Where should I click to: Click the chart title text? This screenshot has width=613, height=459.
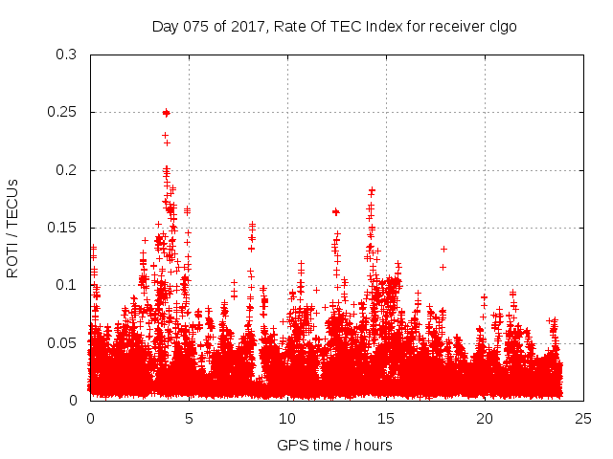[334, 26]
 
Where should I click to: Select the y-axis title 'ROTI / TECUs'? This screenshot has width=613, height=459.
[13, 228]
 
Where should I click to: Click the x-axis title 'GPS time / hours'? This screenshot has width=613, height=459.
[334, 445]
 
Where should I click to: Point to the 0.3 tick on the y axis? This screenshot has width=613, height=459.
[65, 55]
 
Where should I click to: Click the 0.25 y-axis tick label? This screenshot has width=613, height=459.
[61, 113]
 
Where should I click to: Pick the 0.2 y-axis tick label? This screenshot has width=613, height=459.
[65, 170]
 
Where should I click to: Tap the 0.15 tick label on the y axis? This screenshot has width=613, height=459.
[61, 228]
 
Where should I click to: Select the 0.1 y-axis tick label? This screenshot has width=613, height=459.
[65, 285]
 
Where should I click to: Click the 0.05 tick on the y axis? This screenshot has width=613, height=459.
[61, 342]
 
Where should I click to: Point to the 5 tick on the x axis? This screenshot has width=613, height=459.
[189, 418]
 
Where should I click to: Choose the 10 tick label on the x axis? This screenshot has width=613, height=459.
[287, 418]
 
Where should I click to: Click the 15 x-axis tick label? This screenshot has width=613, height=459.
[386, 418]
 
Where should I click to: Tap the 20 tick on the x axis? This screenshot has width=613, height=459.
[485, 418]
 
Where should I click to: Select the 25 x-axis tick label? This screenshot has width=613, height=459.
[583, 418]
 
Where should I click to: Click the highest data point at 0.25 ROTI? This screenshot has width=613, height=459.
[166, 113]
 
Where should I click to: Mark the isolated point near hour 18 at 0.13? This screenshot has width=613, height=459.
[443, 249]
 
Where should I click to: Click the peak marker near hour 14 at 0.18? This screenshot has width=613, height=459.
[372, 190]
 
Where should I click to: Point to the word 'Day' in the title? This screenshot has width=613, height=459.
[165, 26]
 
